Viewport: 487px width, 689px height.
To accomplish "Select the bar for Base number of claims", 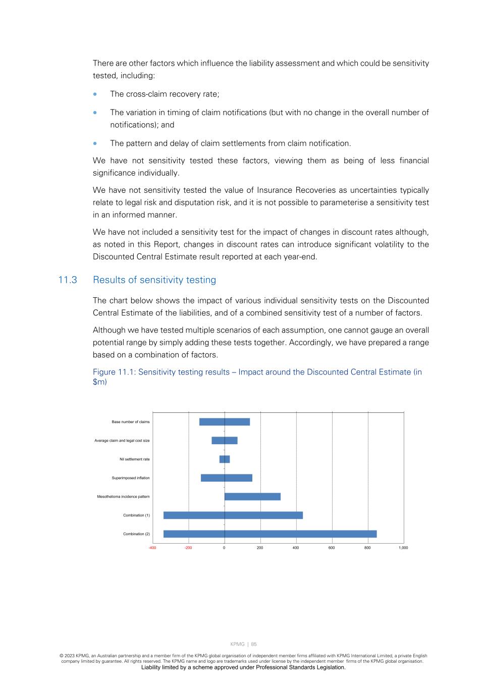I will pos(225,422).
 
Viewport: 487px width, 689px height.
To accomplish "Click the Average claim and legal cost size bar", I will pos(225,441).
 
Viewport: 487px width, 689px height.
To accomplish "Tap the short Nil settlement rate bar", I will pos(225,459).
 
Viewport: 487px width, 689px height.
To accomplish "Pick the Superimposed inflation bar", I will pos(227,478).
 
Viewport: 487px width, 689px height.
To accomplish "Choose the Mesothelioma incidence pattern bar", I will pos(252,497).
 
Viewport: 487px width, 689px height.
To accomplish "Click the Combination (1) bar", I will pos(233,515).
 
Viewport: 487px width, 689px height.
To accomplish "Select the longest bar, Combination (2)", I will pos(270,534).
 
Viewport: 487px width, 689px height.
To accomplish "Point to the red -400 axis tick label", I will pos(152,548).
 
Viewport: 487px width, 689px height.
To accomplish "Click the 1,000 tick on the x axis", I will pos(403,548).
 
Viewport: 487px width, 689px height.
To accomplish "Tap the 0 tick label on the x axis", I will pos(224,548).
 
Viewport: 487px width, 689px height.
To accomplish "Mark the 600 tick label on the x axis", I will pos(332,548).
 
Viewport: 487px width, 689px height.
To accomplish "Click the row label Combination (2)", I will pos(136,534).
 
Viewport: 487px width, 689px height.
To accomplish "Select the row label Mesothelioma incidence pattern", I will pos(123,497).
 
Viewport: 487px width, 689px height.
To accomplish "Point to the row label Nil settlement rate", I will pos(134,459).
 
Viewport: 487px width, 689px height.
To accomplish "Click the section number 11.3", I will pos(68,280).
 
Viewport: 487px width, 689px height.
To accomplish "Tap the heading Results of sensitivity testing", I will pos(154,280).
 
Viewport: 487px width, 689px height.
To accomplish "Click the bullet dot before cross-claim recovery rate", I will pos(95,94).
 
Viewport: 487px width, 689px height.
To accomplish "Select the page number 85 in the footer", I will pos(254,644).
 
